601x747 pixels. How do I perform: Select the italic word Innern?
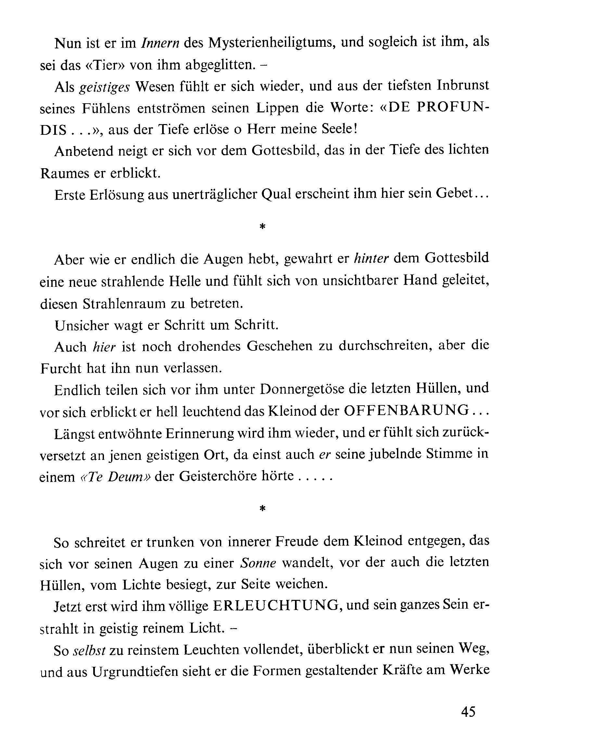click(x=160, y=43)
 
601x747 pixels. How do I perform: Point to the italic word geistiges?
click(x=104, y=87)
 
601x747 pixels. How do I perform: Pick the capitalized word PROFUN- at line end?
click(x=453, y=108)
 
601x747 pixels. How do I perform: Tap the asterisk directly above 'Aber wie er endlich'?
click(x=262, y=227)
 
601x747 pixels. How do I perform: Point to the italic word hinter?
click(x=371, y=259)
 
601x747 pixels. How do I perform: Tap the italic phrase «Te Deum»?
click(x=116, y=477)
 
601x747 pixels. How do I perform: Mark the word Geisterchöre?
click(x=223, y=476)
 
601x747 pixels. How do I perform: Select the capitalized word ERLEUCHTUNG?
click(x=275, y=606)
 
